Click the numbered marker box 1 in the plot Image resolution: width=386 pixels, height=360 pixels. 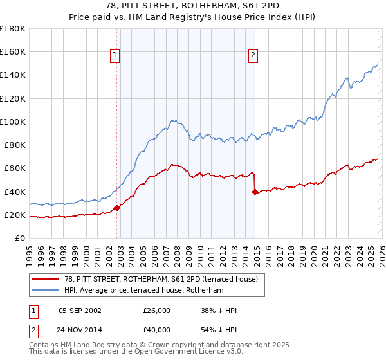tap(115, 56)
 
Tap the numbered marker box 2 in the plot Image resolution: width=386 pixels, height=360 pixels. tap(253, 56)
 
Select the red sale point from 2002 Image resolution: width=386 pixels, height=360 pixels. tap(116, 208)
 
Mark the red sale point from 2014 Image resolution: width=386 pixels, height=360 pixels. tap(255, 191)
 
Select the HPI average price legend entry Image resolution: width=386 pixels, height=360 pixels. tap(143, 291)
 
